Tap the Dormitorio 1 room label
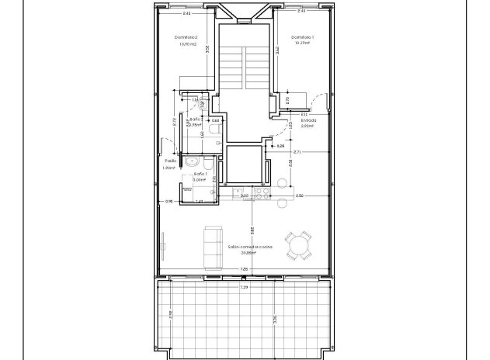303,37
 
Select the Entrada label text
308,120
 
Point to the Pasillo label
170,161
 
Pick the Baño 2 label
196,119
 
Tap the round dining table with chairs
299,247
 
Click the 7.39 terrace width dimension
244,287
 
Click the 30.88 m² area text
248,252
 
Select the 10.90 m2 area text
186,45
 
